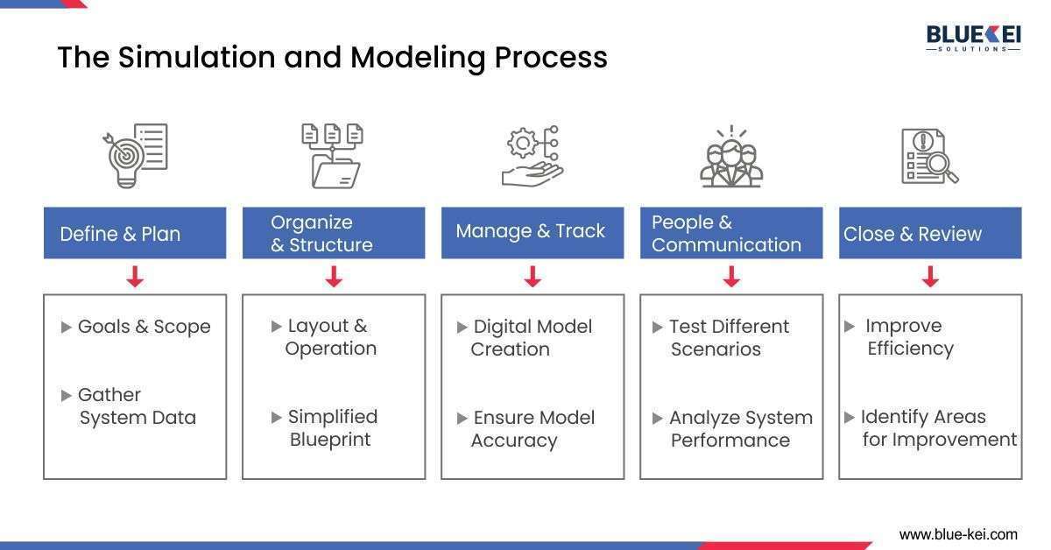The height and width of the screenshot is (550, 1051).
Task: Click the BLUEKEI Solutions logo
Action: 972,37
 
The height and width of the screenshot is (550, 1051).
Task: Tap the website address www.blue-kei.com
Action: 958,533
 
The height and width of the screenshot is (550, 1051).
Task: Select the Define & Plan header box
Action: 135,233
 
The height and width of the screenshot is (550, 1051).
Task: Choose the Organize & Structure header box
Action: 334,233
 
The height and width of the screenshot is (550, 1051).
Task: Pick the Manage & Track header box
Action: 533,233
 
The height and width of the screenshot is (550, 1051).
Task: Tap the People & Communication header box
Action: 731,233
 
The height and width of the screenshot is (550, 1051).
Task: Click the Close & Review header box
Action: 930,233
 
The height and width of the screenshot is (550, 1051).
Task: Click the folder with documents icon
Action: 333,156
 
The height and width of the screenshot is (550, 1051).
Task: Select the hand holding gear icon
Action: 532,156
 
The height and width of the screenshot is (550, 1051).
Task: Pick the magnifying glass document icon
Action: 929,157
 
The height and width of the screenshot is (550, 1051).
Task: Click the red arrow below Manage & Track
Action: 533,278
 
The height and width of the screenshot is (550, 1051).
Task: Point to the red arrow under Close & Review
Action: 930,278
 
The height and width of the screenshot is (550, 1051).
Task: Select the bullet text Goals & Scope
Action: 144,327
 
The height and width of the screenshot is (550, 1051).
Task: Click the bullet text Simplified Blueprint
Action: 332,427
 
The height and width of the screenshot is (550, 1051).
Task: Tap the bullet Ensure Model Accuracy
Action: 533,428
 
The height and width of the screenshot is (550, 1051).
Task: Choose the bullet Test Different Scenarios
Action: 729,337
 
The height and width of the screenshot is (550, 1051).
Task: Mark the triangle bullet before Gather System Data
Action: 67,396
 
